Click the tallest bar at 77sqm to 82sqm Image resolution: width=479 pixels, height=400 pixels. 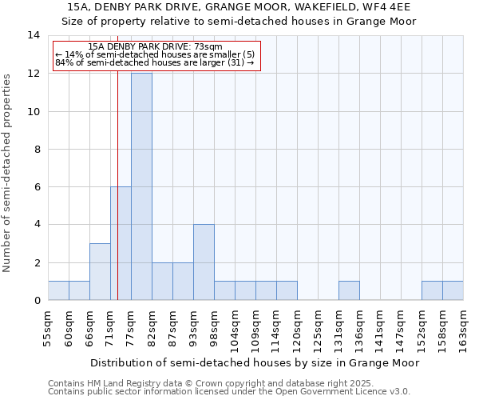tap(141, 186)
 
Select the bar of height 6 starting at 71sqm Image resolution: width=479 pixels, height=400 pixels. tap(121, 243)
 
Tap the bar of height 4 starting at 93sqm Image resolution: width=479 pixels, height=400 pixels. tap(204, 262)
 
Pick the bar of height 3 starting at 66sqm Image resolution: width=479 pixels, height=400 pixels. tap(100, 272)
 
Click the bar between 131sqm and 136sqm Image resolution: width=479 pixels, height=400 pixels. tap(349, 291)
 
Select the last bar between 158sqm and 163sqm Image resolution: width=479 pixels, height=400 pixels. tap(453, 291)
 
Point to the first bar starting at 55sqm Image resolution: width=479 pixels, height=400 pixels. tap(58, 291)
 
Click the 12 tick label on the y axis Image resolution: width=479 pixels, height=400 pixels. tap(34, 74)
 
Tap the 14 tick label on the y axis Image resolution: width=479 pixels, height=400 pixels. tap(34, 35)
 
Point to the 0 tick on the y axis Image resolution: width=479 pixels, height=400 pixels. tap(37, 301)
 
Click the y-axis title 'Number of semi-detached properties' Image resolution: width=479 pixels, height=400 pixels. tap(8, 172)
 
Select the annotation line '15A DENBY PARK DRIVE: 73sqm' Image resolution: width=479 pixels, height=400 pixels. tap(156, 46)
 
